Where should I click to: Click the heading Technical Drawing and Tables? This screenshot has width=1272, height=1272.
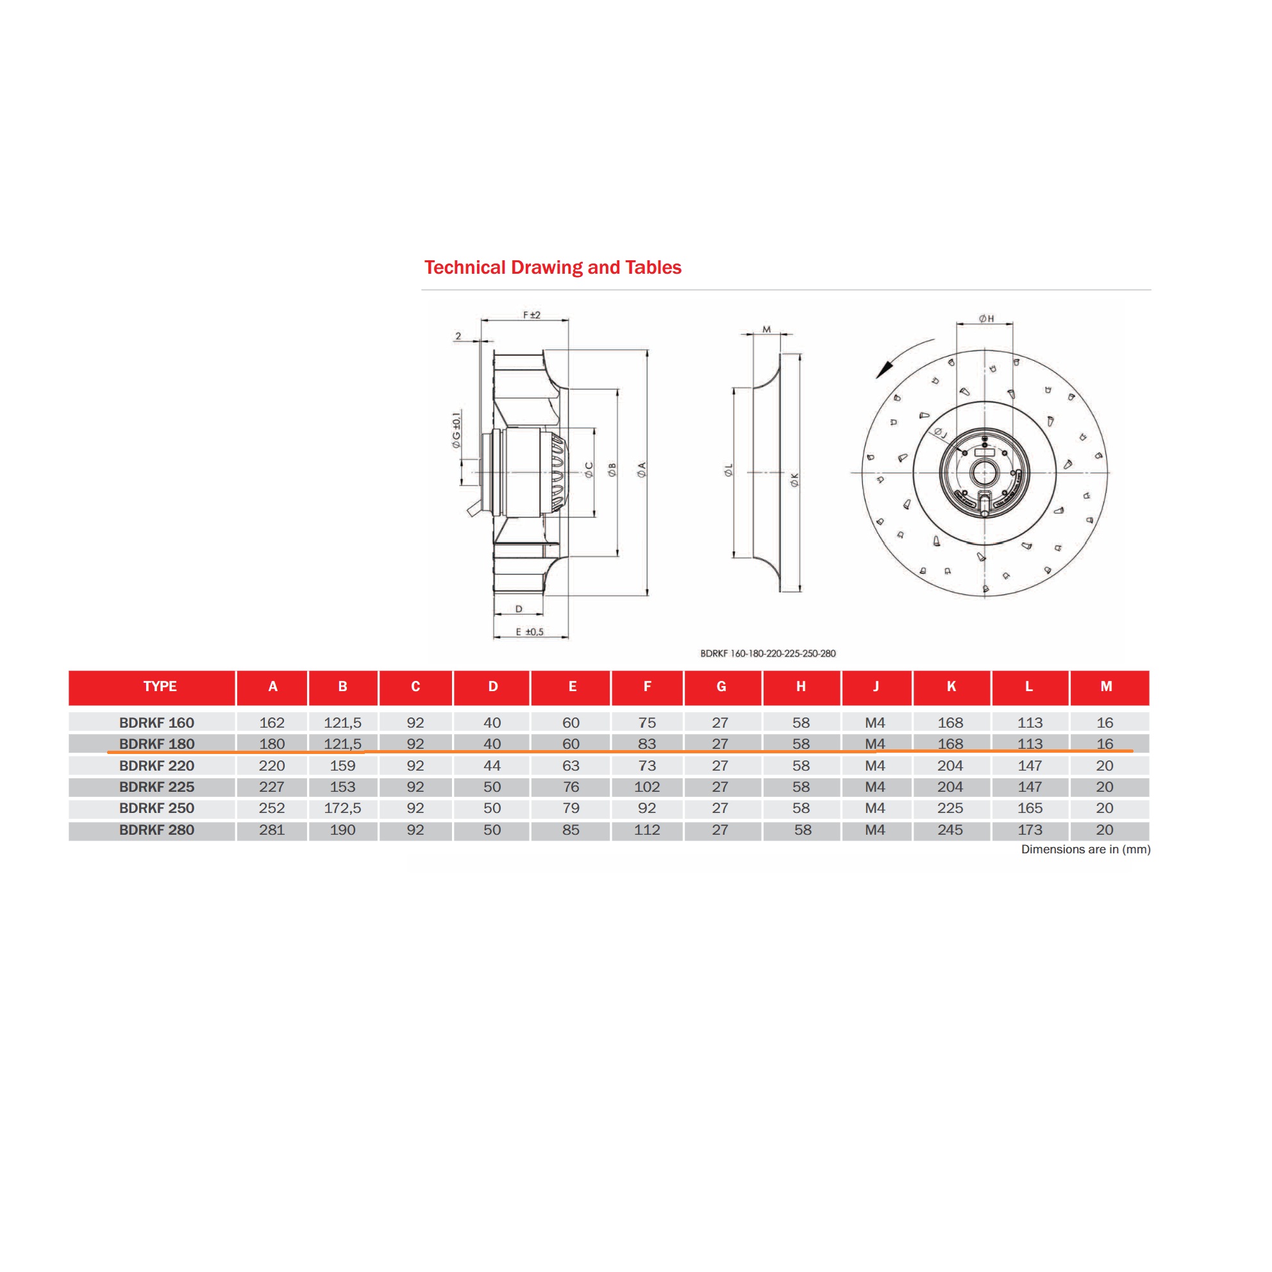tap(553, 267)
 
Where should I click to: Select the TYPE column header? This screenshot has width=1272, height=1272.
tap(160, 686)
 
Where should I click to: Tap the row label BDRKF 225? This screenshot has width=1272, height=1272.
tap(156, 787)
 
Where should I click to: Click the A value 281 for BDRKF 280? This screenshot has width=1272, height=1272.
tap(272, 830)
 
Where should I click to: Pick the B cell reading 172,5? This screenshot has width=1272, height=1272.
tap(342, 808)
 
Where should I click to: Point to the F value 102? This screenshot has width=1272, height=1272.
tap(646, 787)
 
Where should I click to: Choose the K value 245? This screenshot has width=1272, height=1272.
tap(950, 830)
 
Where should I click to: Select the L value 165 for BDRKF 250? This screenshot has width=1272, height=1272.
tap(1030, 808)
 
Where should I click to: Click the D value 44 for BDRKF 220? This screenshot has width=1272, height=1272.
tap(492, 766)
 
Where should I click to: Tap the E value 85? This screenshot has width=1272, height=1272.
tap(571, 830)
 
